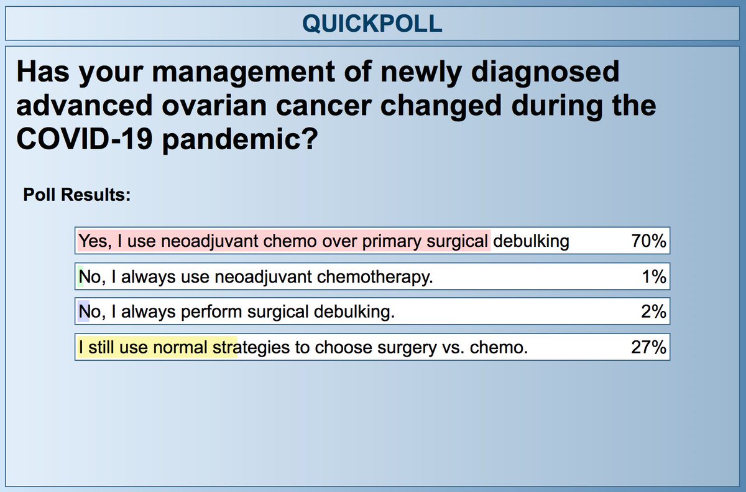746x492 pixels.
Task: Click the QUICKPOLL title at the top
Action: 372,23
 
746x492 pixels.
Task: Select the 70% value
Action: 648,241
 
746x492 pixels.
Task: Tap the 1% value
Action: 654,277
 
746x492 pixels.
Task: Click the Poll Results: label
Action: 76,195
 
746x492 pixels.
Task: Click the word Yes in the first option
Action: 93,241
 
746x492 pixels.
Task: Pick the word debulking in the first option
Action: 531,241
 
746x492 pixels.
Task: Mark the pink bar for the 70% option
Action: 283,241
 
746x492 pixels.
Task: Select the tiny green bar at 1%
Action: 80,277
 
